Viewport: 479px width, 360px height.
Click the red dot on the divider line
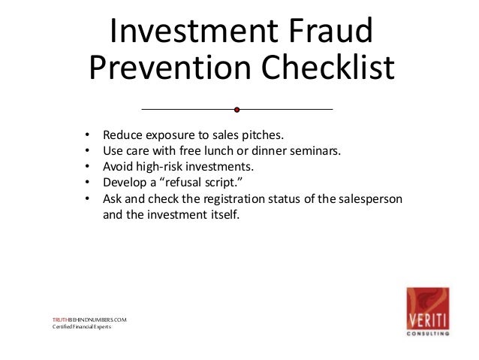pos(236,110)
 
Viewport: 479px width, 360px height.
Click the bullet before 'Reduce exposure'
pos(87,136)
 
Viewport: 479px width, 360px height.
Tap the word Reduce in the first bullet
pos(122,136)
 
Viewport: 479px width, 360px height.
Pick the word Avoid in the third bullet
pos(117,165)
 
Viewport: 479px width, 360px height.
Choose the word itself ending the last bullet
pos(222,214)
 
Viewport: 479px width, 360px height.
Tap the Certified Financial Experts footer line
pos(81,327)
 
